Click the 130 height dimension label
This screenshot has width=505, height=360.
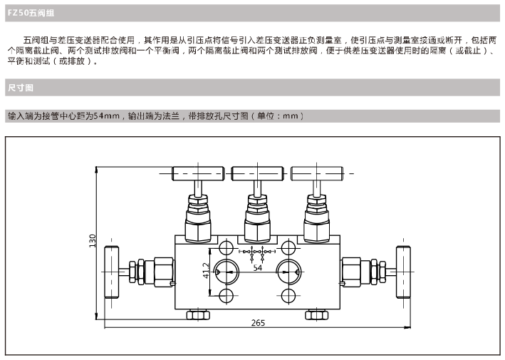pyautogui.click(x=92, y=240)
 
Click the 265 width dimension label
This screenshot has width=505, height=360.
pyautogui.click(x=258, y=323)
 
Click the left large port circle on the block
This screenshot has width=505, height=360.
pyautogui.click(x=227, y=272)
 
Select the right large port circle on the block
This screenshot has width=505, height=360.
pyautogui.click(x=288, y=272)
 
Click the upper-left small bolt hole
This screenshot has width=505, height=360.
pyautogui.click(x=227, y=247)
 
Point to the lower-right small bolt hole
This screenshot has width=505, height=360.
pyautogui.click(x=288, y=295)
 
